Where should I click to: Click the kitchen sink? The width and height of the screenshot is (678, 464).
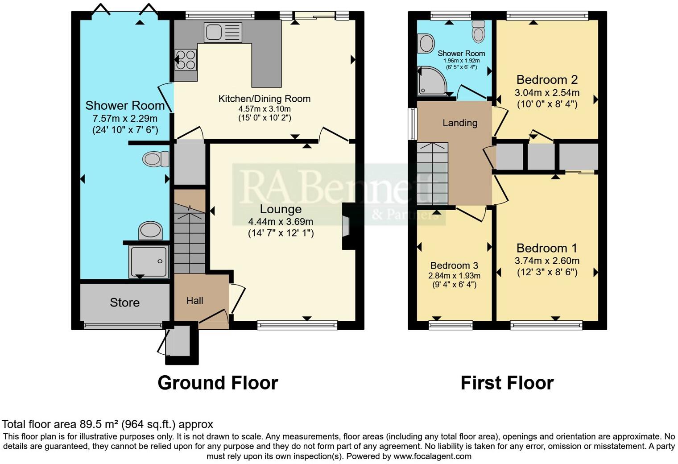coord(223,32)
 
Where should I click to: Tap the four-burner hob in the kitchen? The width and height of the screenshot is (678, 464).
coord(186,60)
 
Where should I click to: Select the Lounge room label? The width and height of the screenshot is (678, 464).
coord(281,209)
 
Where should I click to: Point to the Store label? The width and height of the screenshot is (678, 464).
coord(124,302)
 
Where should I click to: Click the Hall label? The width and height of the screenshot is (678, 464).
coord(195,301)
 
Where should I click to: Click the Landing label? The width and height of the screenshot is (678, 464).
coord(460,123)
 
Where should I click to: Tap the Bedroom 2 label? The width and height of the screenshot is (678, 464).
coord(547,80)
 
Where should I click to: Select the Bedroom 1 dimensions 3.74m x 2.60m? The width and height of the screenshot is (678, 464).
coord(547,261)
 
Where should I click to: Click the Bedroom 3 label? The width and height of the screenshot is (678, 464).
coord(454,265)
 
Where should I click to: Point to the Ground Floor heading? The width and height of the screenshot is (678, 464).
coord(218,383)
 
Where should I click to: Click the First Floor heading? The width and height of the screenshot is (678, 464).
coord(507,383)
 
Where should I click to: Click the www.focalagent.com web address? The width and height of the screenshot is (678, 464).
coord(432,456)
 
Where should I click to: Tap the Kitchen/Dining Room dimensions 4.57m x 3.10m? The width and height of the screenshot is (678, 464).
coord(265,109)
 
